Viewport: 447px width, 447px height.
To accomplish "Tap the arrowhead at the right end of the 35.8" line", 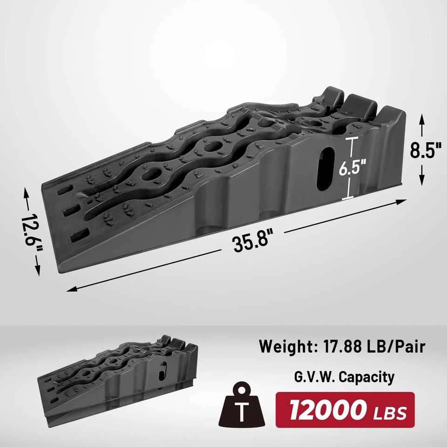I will point(402,201).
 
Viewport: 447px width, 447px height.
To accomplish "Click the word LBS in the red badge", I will point(390,413).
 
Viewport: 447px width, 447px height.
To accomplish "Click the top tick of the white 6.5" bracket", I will point(352,138).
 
